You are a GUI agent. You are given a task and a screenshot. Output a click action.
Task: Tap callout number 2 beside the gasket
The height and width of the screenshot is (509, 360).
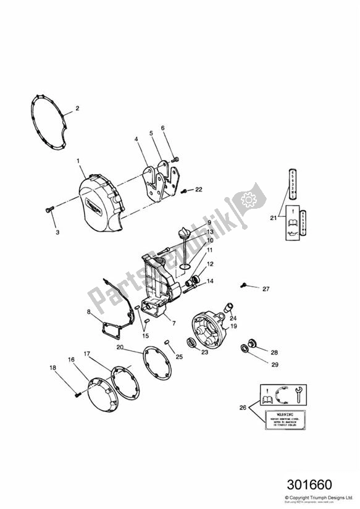point(77,109)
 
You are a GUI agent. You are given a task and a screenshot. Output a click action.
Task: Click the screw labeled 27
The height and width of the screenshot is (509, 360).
point(246,285)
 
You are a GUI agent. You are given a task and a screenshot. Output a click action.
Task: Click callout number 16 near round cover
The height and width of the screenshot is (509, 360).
point(71,358)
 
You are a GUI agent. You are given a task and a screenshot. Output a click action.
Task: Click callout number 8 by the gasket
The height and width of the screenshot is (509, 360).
point(90,312)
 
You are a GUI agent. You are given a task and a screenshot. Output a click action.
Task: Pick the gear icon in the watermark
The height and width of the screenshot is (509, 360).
point(250,200)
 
